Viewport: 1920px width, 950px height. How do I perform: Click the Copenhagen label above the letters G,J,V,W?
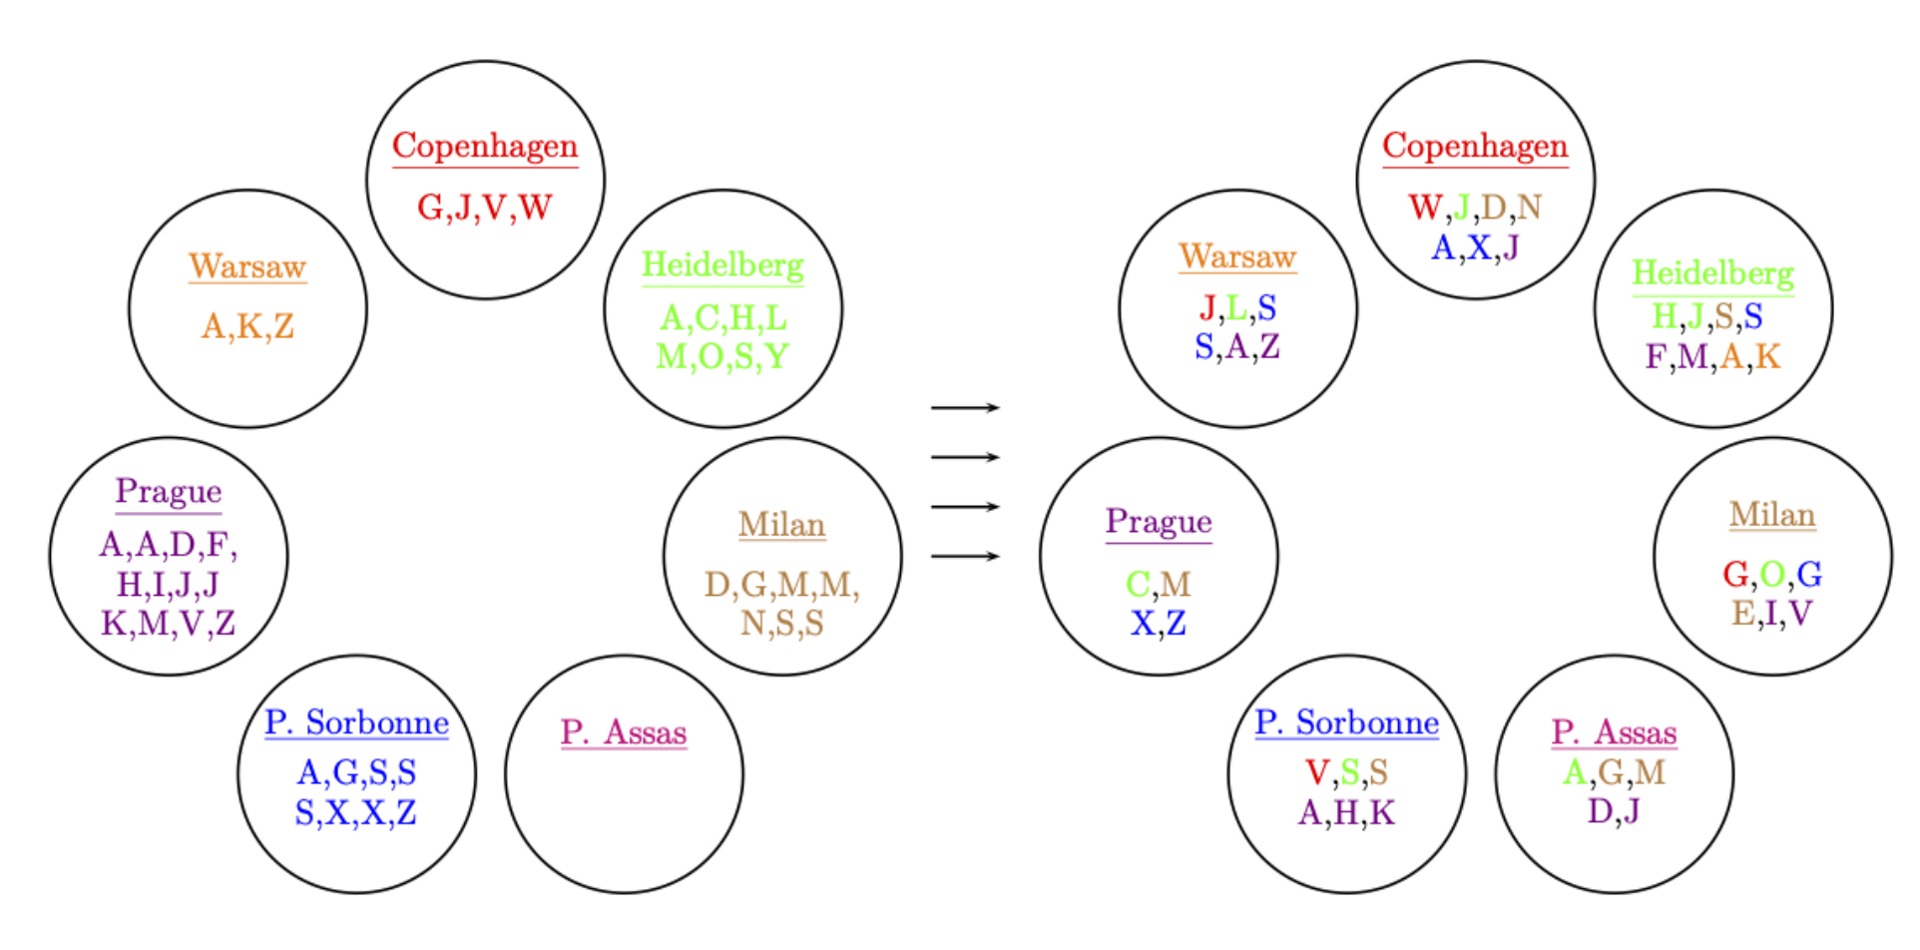click(x=485, y=147)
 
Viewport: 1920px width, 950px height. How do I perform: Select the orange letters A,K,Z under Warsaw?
click(x=247, y=326)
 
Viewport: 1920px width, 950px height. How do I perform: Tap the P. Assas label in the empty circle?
click(x=624, y=732)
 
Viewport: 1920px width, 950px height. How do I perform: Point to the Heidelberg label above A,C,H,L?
click(x=722, y=265)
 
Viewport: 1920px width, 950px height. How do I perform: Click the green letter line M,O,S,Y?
click(x=722, y=356)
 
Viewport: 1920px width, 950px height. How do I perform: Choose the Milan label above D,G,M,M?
click(x=781, y=525)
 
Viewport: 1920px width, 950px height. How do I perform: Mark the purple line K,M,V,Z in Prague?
click(x=168, y=624)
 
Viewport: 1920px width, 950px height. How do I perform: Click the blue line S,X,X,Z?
click(x=355, y=812)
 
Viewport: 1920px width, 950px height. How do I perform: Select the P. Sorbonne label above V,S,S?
click(x=1346, y=722)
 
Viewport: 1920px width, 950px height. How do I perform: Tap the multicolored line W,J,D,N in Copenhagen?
click(x=1475, y=208)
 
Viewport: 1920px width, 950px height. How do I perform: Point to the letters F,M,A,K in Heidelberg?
click(x=1712, y=356)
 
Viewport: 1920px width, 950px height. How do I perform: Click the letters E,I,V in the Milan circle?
click(x=1771, y=614)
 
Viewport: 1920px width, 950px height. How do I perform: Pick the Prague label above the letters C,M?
click(x=1159, y=522)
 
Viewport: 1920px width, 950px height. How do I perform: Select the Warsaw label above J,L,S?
click(x=1237, y=256)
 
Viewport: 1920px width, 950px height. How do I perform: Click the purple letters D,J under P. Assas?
click(x=1614, y=810)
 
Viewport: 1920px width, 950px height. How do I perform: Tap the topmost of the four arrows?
click(x=965, y=407)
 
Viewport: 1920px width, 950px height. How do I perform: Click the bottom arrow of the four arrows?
click(x=965, y=556)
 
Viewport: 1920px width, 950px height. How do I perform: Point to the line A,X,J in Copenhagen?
click(x=1475, y=246)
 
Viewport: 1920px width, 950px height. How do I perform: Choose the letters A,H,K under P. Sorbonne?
click(x=1346, y=812)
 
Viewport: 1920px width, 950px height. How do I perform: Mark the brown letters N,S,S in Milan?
click(x=781, y=624)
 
